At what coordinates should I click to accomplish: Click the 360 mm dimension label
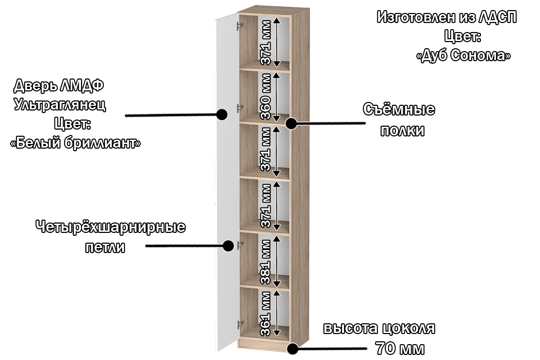(x=266, y=96)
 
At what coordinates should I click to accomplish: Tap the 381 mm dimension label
(x=266, y=262)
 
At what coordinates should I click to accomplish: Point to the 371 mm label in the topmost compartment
(x=266, y=42)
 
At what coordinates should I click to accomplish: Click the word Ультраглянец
(x=60, y=104)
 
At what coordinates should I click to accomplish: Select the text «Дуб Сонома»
(x=463, y=55)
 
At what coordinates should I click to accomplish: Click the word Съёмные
(x=399, y=109)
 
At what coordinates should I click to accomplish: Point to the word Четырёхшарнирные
(x=111, y=227)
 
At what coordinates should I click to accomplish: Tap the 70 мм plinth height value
(x=400, y=348)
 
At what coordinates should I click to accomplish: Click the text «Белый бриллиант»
(x=76, y=143)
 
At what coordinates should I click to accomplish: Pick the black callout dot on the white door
(x=222, y=114)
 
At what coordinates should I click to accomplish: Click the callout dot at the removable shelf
(x=291, y=123)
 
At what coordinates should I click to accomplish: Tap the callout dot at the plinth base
(x=292, y=348)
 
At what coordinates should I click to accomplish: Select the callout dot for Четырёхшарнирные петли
(x=228, y=246)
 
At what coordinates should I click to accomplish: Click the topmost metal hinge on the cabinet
(x=239, y=26)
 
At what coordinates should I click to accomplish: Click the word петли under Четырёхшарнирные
(x=105, y=247)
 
